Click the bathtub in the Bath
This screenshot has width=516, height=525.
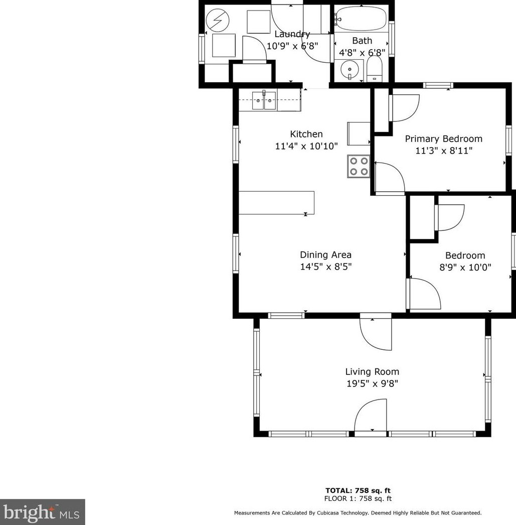(x=361, y=20)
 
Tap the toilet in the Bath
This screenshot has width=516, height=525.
(x=374, y=69)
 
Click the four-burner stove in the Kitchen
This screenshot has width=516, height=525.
(x=358, y=166)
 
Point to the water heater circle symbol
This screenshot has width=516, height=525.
(x=219, y=21)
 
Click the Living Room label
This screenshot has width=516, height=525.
(x=372, y=372)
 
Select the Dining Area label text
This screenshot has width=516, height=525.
(x=325, y=255)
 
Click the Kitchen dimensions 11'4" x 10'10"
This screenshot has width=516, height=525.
(x=306, y=146)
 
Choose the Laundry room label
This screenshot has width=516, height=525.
(x=292, y=34)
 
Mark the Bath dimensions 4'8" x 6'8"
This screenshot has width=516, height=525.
(x=362, y=52)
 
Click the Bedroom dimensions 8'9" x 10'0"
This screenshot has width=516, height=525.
(x=465, y=268)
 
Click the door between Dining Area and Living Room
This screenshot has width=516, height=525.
(x=375, y=333)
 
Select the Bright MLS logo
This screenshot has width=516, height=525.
(x=42, y=512)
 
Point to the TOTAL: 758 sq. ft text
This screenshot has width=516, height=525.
(x=358, y=490)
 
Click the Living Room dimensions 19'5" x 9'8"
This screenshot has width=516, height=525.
(x=372, y=384)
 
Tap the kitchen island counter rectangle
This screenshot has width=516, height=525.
(x=276, y=203)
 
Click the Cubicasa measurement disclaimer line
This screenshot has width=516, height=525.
(x=358, y=513)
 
